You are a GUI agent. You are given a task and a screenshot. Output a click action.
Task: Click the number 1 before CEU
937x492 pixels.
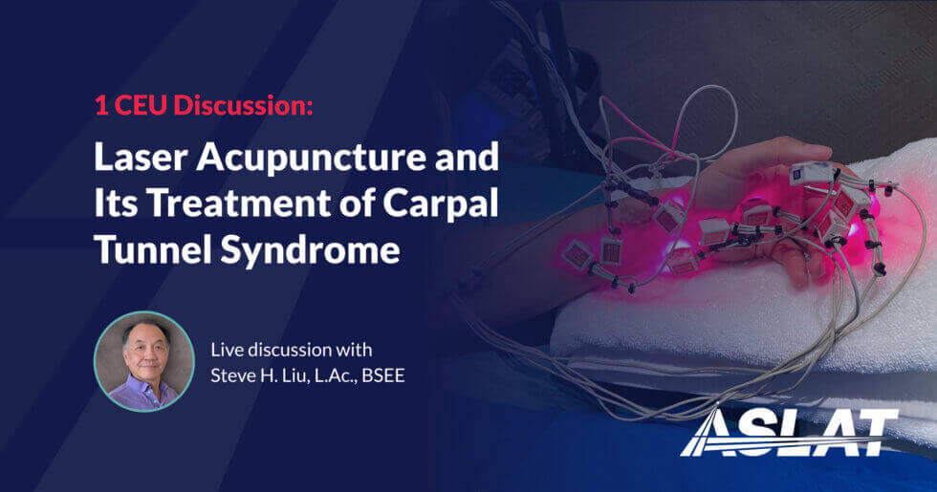(x=101, y=105)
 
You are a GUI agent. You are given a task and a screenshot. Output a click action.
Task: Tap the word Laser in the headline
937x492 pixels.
(x=142, y=157)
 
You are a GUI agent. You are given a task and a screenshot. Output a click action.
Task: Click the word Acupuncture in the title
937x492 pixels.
(x=311, y=160)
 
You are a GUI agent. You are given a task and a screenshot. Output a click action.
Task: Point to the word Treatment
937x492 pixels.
(x=237, y=203)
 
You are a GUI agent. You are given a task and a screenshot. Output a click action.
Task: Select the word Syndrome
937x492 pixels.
(x=310, y=251)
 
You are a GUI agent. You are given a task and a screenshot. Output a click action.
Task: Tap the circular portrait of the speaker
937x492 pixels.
(x=144, y=361)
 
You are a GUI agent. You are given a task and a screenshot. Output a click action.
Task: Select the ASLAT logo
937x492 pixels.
(x=789, y=432)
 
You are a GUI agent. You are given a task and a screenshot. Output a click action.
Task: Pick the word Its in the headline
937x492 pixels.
(x=116, y=203)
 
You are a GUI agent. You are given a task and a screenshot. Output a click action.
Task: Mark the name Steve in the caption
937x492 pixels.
(x=233, y=374)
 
